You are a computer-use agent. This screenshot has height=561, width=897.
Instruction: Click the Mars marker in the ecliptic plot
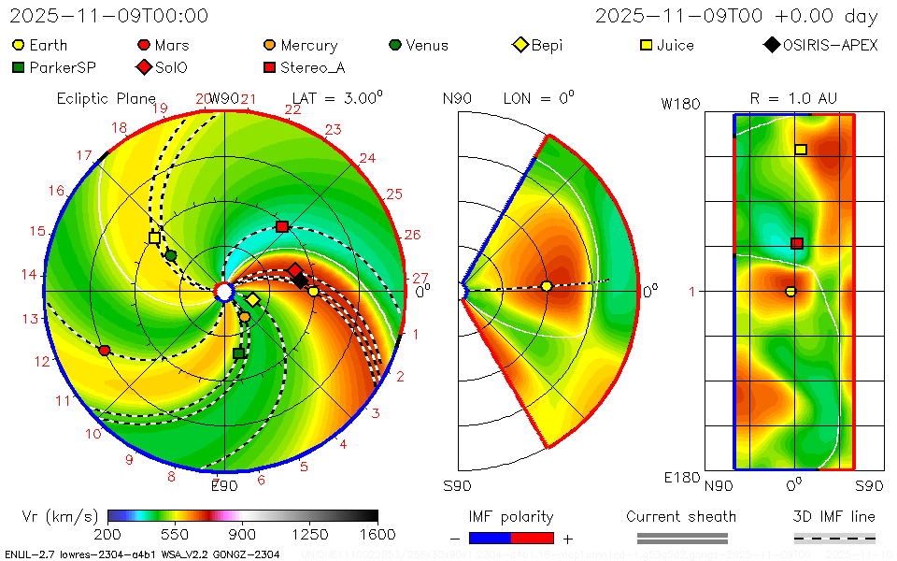(105, 351)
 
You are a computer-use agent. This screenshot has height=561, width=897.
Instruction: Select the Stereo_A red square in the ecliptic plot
(282, 226)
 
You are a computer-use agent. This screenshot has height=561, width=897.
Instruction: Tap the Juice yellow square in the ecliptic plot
(154, 237)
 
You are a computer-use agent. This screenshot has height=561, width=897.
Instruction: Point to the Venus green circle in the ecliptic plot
(170, 255)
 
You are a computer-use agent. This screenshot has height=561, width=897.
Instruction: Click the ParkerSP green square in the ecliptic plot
(238, 352)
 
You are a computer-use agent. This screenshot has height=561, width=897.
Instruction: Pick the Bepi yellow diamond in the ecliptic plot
(252, 300)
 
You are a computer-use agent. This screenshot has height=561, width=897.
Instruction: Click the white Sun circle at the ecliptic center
(224, 293)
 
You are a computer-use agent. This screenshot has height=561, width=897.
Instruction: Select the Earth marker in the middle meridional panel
(547, 286)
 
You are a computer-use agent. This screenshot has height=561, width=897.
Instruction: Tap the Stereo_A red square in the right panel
(797, 243)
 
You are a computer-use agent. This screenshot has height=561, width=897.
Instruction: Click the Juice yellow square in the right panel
(801, 150)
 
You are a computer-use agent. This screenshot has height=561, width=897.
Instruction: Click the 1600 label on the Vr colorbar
(377, 535)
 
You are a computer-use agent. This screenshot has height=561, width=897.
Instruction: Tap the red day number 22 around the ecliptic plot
(292, 110)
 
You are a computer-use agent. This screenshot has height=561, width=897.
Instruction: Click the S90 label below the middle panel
(457, 485)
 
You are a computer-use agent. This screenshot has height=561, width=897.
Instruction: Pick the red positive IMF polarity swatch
(533, 538)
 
